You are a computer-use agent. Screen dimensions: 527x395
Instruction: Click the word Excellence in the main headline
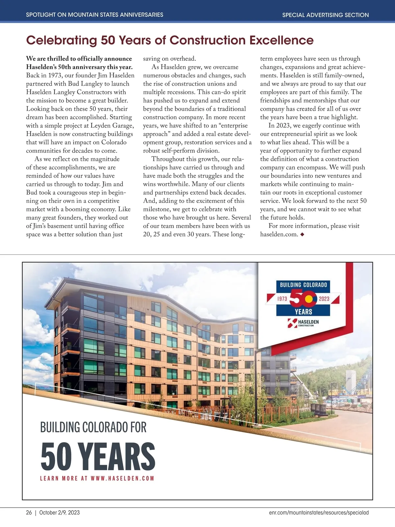click(x=281, y=40)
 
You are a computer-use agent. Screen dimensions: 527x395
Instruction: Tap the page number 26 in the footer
click(x=29, y=513)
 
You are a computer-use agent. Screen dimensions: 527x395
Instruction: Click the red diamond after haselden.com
click(x=302, y=235)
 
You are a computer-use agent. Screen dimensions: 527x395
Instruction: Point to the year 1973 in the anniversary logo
click(x=282, y=299)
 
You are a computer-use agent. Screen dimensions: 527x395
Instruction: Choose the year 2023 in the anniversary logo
click(x=324, y=299)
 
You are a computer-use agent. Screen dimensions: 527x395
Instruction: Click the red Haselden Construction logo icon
click(x=292, y=323)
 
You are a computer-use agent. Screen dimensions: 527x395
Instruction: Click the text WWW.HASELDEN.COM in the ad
click(x=122, y=478)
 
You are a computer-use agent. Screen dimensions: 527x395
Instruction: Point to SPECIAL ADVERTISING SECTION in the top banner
click(x=325, y=15)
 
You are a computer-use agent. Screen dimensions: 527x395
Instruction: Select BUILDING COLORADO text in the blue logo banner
click(x=303, y=285)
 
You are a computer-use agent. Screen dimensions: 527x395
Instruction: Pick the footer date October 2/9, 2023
click(x=59, y=513)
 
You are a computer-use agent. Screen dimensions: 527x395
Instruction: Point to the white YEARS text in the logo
click(x=303, y=312)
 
